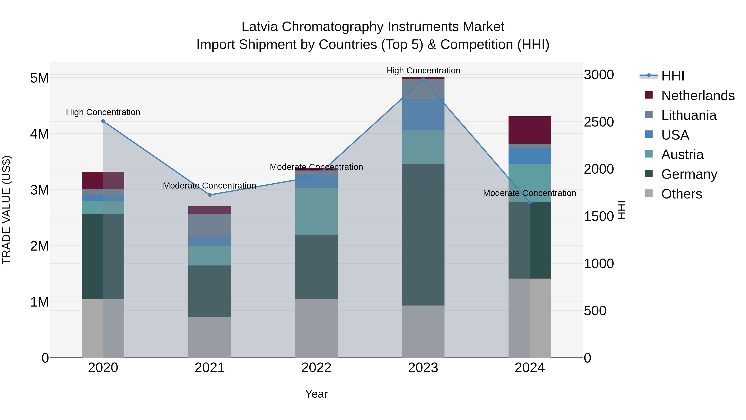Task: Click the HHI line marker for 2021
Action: pos(210,195)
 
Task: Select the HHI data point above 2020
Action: pos(103,121)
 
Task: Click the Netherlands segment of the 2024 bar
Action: pos(530,130)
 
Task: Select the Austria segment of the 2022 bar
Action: pos(316,211)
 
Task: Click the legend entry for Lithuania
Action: pos(689,115)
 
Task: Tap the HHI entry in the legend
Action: pos(672,76)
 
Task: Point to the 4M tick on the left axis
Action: pos(39,134)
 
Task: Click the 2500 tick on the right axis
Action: pos(598,122)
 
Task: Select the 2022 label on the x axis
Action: pos(316,368)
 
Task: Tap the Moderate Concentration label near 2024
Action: pos(529,193)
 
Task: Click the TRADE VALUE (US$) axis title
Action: pos(7,210)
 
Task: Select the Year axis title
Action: pos(316,394)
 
